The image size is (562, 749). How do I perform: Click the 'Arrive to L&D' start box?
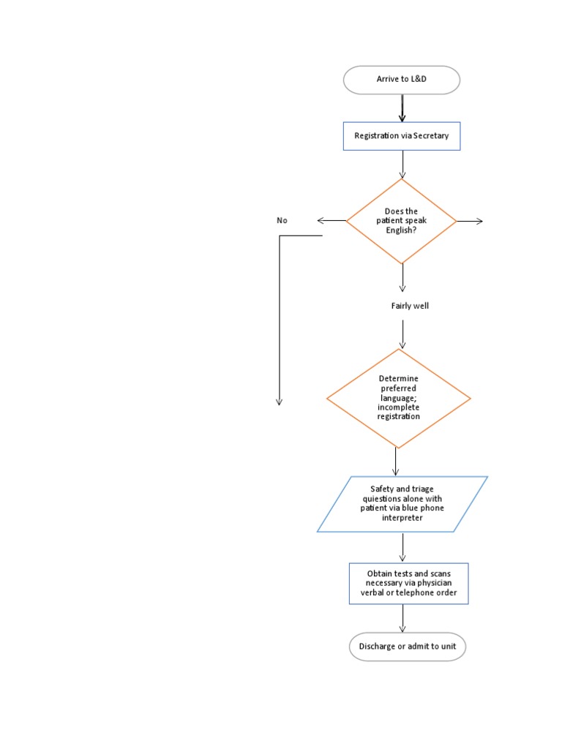[402, 80]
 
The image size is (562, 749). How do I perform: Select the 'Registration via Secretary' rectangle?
[402, 136]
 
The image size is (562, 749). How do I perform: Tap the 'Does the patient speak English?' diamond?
[402, 221]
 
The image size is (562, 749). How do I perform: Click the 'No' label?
[282, 221]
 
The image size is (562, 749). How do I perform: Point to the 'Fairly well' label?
[410, 306]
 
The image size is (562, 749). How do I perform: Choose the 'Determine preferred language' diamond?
[398, 398]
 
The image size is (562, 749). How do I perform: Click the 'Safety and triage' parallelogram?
[402, 503]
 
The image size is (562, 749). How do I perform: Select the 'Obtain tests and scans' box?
[408, 583]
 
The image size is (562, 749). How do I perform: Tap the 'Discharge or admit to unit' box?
[407, 647]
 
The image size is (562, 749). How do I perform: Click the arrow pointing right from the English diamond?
[470, 221]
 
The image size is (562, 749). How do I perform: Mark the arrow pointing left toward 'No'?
[331, 221]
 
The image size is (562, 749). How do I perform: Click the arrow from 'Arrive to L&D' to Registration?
[402, 108]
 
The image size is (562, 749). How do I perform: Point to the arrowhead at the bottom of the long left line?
[279, 400]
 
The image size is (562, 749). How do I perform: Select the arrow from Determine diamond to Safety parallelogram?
[396, 462]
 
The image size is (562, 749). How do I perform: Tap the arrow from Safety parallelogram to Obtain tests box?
[402, 547]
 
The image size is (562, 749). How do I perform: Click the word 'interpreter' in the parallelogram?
[402, 518]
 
